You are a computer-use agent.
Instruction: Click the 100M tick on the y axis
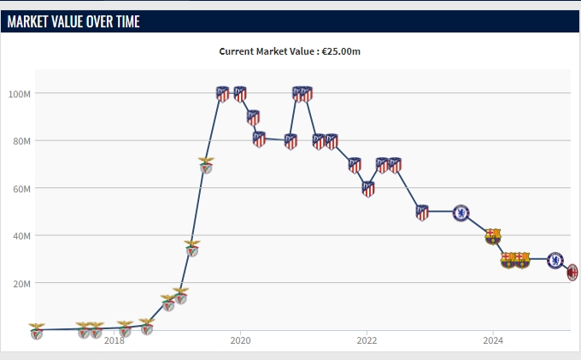[21, 93]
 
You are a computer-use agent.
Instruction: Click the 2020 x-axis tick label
[240, 340]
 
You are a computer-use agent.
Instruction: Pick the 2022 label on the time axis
[367, 340]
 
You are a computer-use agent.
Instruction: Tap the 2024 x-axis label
[493, 340]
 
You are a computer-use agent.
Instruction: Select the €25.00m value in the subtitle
[341, 51]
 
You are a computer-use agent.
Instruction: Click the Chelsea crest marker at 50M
[461, 212]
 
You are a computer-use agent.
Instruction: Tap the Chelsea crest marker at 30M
[555, 259]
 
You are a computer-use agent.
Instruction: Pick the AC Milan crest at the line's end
[573, 272]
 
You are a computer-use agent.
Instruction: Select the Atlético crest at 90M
[253, 117]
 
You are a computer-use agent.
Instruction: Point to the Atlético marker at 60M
[367, 189]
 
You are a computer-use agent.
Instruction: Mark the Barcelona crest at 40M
[493, 236]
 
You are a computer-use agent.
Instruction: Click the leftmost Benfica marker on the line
[36, 331]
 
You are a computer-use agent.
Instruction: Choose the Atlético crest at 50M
[422, 212]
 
